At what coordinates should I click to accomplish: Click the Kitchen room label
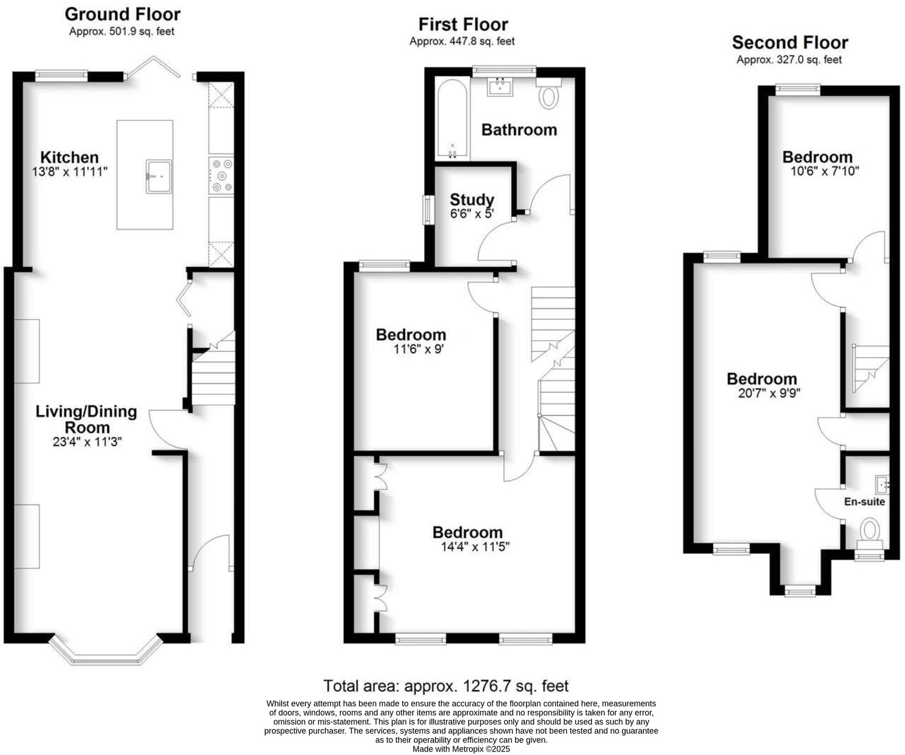(69, 157)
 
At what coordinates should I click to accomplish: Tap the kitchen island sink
(159, 176)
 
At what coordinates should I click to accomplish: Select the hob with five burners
(221, 176)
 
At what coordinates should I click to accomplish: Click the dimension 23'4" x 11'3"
(87, 442)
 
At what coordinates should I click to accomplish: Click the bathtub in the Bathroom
(452, 119)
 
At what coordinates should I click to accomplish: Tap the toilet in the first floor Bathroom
(549, 97)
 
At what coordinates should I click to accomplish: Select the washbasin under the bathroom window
(500, 87)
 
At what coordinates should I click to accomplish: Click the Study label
(472, 200)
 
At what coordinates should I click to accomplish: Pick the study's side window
(428, 210)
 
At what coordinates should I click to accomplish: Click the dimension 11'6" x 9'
(418, 350)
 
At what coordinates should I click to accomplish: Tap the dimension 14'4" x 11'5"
(475, 547)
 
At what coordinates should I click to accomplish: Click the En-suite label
(864, 502)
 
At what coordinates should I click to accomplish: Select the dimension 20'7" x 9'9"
(769, 393)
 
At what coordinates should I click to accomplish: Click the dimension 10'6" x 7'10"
(824, 171)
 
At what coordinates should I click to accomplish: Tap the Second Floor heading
(790, 43)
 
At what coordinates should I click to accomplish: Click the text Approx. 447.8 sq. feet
(462, 41)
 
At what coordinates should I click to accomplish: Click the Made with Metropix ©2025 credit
(461, 749)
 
